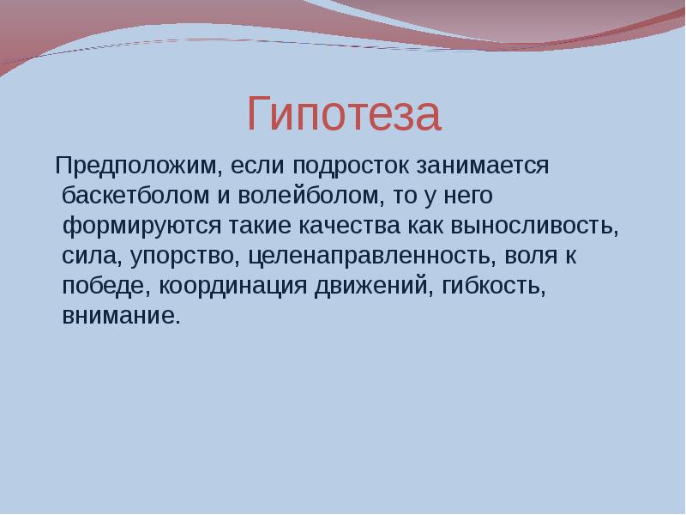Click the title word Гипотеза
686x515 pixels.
click(343, 115)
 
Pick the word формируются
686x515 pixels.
click(143, 227)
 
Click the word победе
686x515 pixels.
click(97, 287)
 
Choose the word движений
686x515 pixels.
click(374, 287)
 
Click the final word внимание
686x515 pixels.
click(121, 317)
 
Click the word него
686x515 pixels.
click(468, 197)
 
